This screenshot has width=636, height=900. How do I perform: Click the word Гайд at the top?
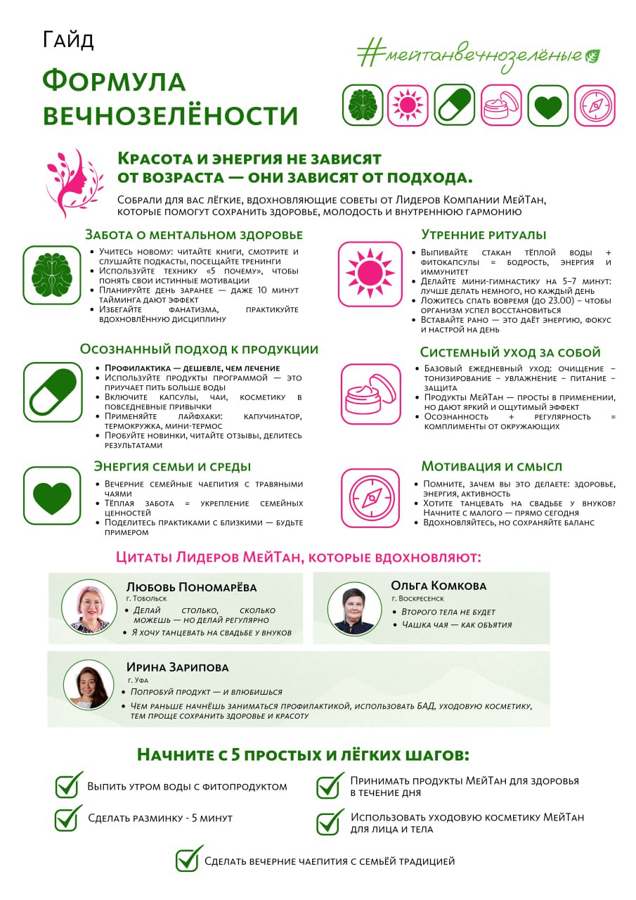67,40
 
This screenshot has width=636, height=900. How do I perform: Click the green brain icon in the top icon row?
363,105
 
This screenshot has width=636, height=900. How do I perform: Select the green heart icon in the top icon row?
547,105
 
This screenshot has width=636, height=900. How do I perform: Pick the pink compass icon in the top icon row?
594,105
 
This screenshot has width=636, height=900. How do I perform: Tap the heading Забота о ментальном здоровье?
194,235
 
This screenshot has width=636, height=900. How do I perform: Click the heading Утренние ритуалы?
484,235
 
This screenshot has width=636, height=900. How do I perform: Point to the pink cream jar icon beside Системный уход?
370,393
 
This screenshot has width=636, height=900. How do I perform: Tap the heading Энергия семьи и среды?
172,466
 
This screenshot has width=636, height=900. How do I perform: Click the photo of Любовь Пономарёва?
89,607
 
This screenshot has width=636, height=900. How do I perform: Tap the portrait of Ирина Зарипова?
89,684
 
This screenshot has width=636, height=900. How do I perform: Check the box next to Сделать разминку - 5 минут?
68,818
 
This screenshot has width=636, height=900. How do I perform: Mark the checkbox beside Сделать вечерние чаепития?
188,859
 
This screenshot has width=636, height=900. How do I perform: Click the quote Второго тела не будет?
448,612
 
